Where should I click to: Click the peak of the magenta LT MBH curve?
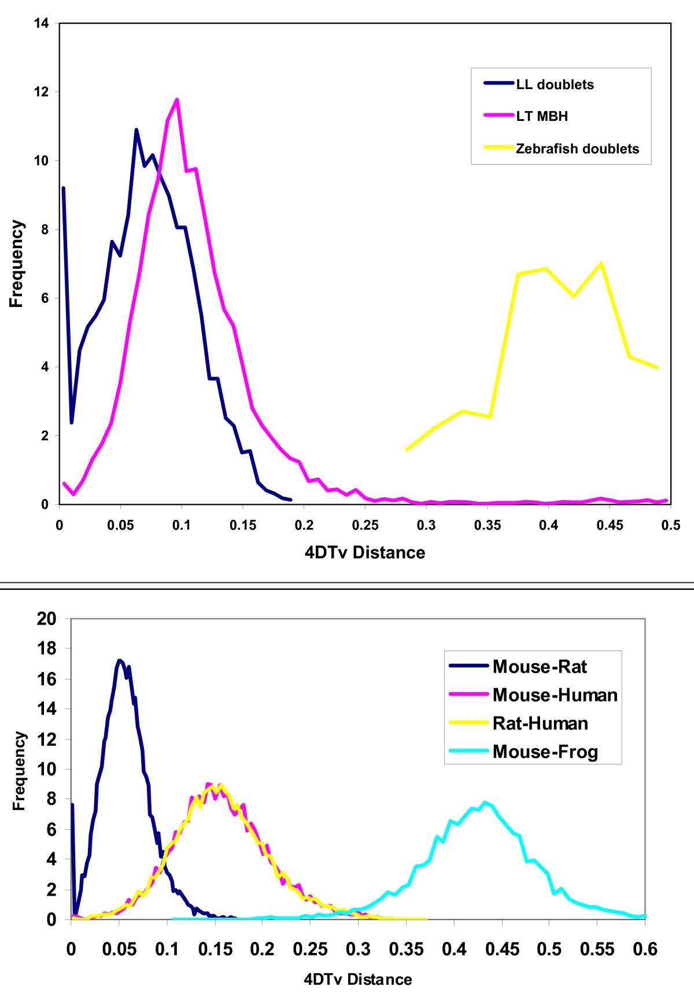(x=176, y=99)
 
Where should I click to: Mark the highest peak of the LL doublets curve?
(x=136, y=130)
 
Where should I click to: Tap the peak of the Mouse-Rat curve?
(x=119, y=660)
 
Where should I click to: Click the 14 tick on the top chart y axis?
(x=46, y=23)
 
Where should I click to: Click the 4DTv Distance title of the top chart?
(x=364, y=552)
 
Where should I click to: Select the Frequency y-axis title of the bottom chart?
(x=20, y=770)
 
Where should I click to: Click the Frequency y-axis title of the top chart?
(x=17, y=263)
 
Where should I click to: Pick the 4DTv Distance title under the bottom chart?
(x=357, y=979)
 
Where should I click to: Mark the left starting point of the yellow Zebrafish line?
(x=407, y=449)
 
